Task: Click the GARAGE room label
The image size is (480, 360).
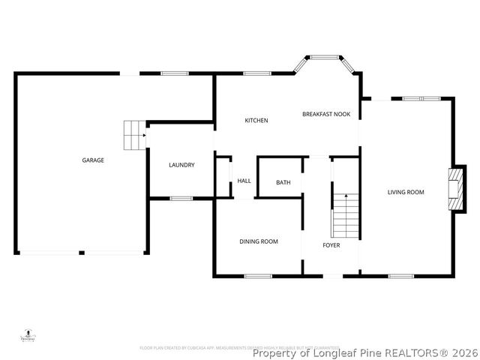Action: [93, 160]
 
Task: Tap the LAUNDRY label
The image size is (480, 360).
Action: [181, 165]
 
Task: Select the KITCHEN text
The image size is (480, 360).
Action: [256, 121]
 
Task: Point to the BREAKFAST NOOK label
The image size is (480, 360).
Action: [326, 114]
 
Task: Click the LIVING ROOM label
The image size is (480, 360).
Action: [406, 192]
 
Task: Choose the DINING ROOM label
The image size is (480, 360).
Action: [259, 241]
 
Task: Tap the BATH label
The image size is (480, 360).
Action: [283, 182]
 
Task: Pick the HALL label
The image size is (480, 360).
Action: [244, 181]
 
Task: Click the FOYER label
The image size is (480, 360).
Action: [331, 245]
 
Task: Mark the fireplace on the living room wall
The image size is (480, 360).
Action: [454, 190]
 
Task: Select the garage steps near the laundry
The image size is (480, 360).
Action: [134, 134]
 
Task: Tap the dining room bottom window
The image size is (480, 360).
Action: [258, 276]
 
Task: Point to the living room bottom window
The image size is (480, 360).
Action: [400, 276]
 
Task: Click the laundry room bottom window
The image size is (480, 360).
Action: [181, 198]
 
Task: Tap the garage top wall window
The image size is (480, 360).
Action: [175, 73]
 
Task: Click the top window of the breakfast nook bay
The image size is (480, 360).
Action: [324, 57]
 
